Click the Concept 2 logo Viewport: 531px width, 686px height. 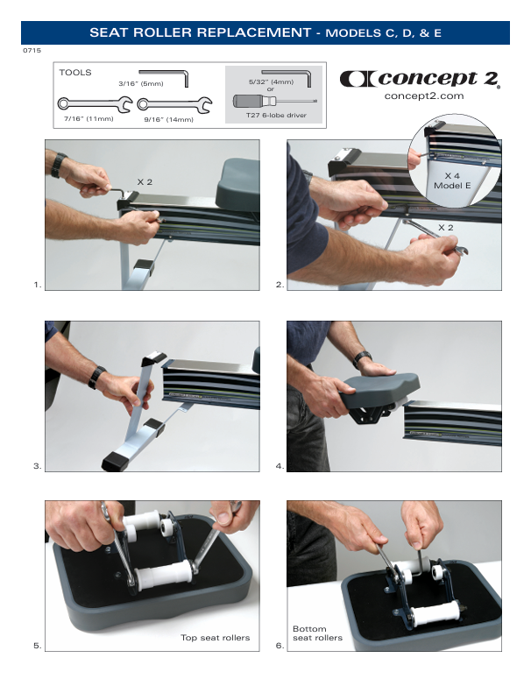point(420,79)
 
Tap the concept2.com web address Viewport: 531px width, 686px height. point(424,96)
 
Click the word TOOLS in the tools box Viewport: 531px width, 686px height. point(75,73)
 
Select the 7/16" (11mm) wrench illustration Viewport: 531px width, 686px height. point(95,104)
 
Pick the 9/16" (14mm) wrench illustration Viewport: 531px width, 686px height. point(174,105)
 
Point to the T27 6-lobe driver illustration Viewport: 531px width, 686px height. point(274,102)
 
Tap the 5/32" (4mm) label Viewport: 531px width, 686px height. point(271,81)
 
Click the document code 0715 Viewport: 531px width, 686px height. point(32,50)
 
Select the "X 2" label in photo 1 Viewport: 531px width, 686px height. point(145,182)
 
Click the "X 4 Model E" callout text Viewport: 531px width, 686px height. point(452,180)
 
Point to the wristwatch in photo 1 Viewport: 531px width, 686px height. point(58,165)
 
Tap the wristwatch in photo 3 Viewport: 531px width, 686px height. point(96,377)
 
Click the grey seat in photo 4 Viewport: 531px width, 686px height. point(379,388)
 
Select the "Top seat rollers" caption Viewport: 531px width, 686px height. point(216,638)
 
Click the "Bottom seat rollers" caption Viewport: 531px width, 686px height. point(317,633)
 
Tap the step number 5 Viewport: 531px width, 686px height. point(37,646)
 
